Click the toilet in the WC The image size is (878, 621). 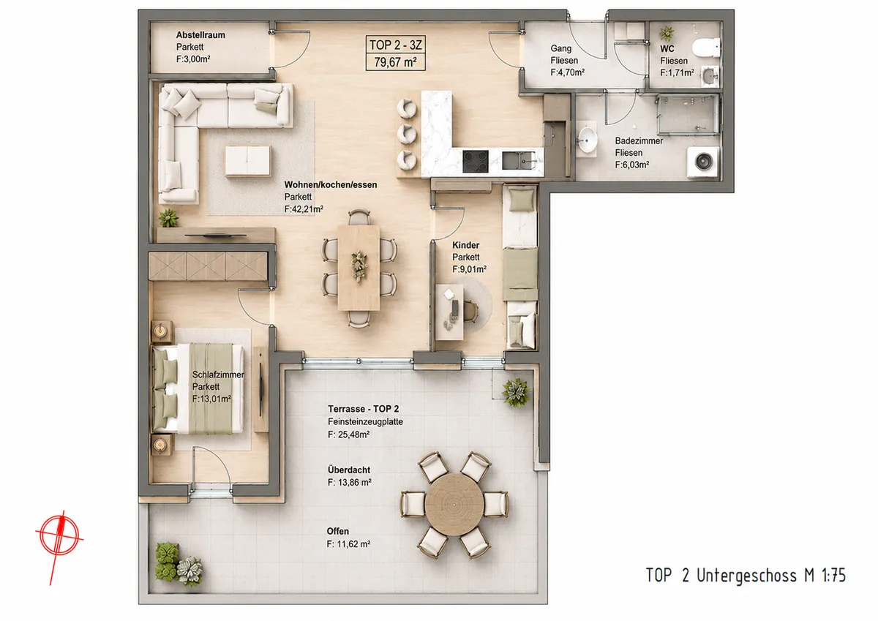point(706,48)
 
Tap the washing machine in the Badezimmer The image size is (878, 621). point(704,162)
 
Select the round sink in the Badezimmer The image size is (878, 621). point(587,140)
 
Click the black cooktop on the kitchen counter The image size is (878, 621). point(476,162)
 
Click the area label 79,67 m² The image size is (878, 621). point(395,62)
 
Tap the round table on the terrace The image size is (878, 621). point(454,504)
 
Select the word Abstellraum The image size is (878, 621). point(200,35)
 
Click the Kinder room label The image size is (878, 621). point(465,245)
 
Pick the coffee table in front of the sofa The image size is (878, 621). point(248,161)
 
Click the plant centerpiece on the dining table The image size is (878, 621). point(359,266)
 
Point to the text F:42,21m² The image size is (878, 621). point(304,208)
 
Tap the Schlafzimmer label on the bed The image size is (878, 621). point(218,375)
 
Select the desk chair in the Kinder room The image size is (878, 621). point(470,311)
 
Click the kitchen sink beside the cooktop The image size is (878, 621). point(519,161)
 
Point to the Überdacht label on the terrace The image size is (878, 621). point(349,470)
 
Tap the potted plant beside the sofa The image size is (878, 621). point(168,218)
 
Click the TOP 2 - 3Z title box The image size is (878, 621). point(396,53)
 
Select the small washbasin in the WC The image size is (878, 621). point(710,75)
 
